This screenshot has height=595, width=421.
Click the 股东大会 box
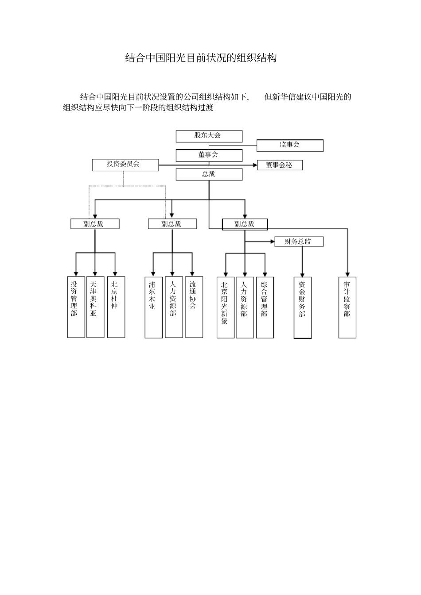(209, 136)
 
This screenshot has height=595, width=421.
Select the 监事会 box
(290, 146)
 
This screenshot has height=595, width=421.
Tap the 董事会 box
(209, 155)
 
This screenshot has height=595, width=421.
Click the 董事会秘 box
(280, 165)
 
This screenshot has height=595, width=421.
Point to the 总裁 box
(209, 175)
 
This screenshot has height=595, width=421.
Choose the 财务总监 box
(298, 242)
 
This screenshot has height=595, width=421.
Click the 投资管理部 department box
(76, 307)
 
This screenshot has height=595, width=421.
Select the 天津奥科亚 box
(95, 307)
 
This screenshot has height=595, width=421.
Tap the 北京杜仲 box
(116, 307)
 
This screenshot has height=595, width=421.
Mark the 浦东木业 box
(153, 307)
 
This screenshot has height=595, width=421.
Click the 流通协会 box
(194, 307)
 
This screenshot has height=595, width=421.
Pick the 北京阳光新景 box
(225, 307)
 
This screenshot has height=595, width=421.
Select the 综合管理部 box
(265, 307)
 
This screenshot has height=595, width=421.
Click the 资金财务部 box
(302, 307)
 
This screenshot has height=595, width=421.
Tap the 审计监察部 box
(347, 307)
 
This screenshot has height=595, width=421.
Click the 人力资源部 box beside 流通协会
(174, 307)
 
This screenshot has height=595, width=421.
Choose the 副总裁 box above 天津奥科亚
(95, 224)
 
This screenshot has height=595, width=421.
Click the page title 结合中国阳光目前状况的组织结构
(201, 58)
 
